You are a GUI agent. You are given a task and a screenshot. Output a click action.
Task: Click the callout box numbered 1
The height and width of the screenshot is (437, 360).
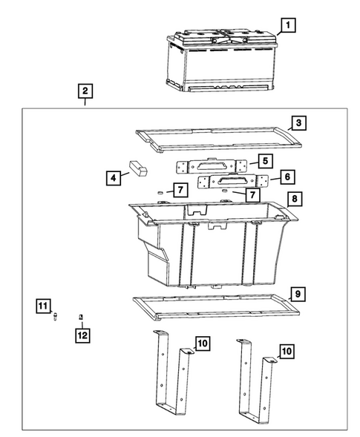pyautogui.click(x=288, y=25)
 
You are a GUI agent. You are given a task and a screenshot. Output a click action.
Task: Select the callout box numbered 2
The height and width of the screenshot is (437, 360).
pyautogui.click(x=85, y=91)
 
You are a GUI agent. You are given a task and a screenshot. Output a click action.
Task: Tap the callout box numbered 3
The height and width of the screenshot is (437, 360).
pyautogui.click(x=298, y=123)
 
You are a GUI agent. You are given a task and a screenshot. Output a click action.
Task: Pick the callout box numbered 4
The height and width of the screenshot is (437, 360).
pyautogui.click(x=114, y=178)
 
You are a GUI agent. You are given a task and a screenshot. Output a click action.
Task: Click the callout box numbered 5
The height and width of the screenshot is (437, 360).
pyautogui.click(x=265, y=161)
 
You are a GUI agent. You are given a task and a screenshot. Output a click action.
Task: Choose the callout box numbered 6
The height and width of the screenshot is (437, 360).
pyautogui.click(x=287, y=177)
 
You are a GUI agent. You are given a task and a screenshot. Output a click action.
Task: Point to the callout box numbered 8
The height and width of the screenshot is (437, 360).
pyautogui.click(x=295, y=199)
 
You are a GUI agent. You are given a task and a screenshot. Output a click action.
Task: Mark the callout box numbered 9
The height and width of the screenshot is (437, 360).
pyautogui.click(x=298, y=295)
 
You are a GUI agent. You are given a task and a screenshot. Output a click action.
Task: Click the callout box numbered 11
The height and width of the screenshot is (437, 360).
pyautogui.click(x=44, y=306)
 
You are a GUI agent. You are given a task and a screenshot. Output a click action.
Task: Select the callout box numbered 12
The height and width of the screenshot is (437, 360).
pyautogui.click(x=82, y=335)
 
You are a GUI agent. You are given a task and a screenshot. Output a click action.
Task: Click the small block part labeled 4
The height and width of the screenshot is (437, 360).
pyautogui.click(x=138, y=168)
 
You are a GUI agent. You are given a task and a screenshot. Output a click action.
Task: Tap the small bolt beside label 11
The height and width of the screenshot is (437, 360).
pyautogui.click(x=55, y=316)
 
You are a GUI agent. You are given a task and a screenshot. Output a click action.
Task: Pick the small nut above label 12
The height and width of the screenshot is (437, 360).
pyautogui.click(x=81, y=317)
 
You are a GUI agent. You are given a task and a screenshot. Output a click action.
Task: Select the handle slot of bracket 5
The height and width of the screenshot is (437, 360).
pyautogui.click(x=212, y=166)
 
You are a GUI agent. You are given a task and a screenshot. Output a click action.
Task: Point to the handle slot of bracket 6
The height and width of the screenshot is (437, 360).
pyautogui.click(x=232, y=182)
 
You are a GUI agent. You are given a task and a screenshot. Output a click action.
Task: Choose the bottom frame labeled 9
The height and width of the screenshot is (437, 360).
pyautogui.click(x=216, y=306)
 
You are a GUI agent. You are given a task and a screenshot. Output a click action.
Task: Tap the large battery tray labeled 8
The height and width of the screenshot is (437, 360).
pyautogui.click(x=213, y=244)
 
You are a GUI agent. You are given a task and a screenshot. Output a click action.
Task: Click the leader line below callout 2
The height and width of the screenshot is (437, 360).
pyautogui.click(x=85, y=102)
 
